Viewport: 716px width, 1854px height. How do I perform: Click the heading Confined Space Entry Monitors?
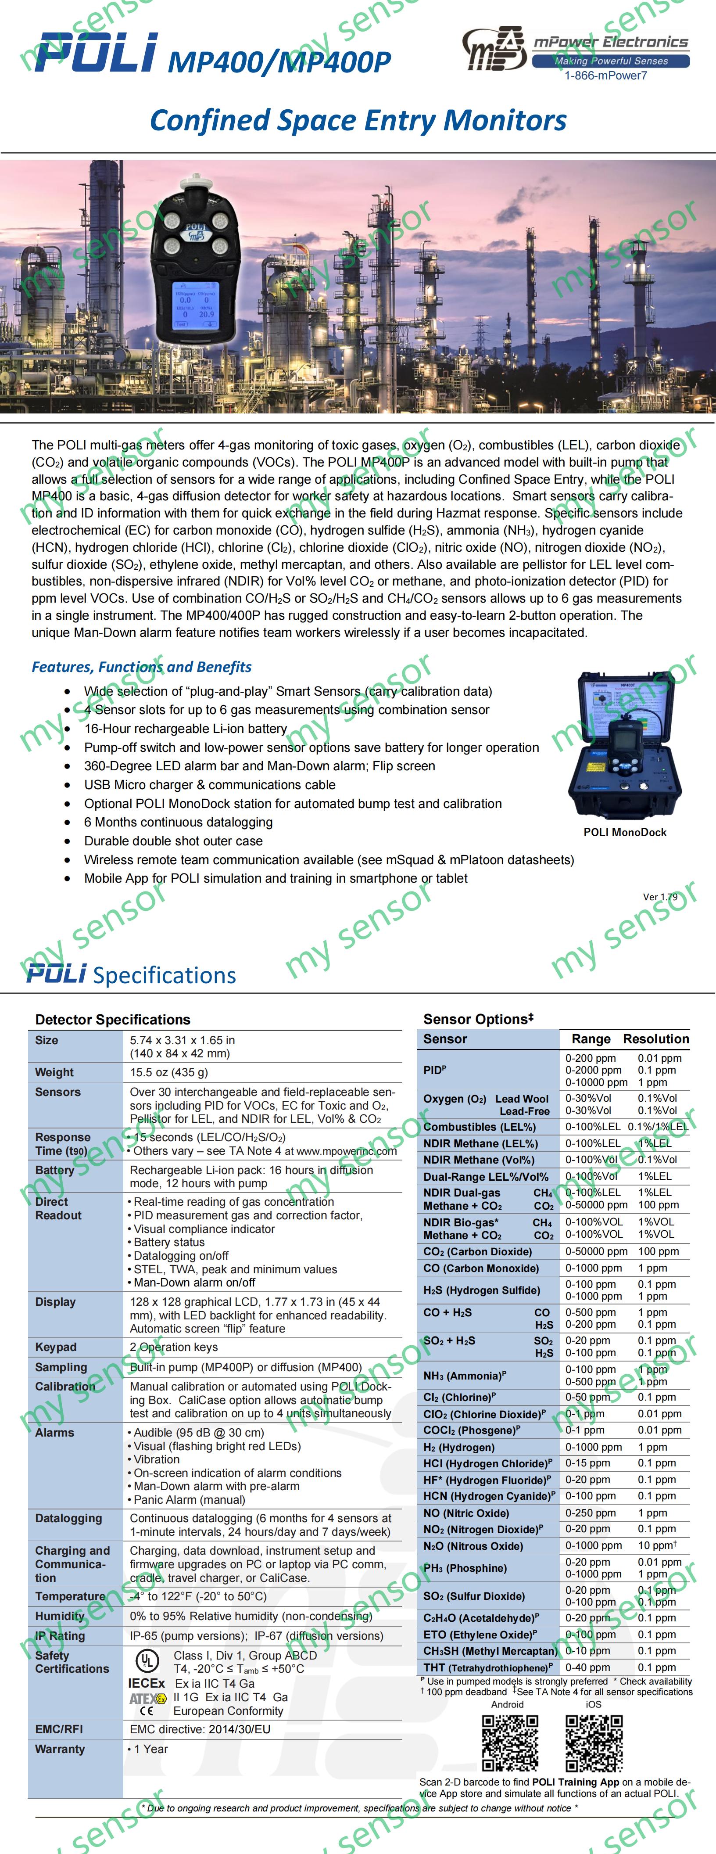358,120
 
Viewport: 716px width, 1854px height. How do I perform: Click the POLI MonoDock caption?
625,832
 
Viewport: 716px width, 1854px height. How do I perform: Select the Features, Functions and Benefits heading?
142,667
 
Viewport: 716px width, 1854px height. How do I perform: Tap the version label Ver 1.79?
660,897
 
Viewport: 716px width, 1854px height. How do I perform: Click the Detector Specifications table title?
113,1019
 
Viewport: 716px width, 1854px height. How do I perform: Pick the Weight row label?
55,1072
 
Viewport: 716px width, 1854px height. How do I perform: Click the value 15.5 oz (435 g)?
169,1072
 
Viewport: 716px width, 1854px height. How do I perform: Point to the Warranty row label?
61,1749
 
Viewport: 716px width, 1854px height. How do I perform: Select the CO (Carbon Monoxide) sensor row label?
481,1268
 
